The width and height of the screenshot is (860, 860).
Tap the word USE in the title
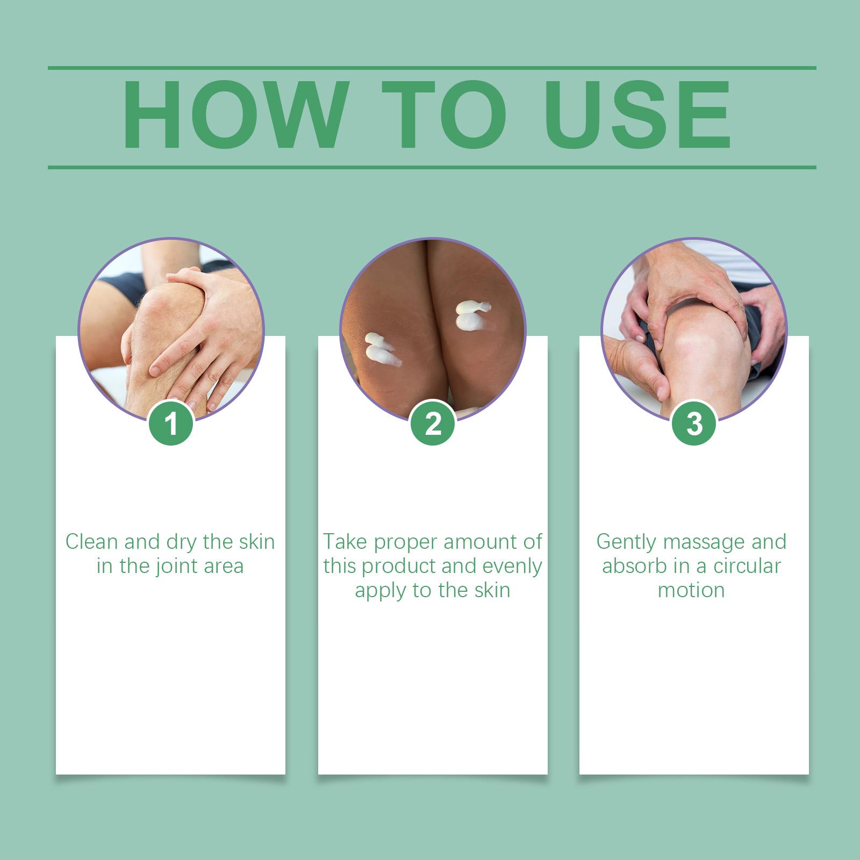640,115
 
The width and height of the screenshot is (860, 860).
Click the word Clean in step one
92,542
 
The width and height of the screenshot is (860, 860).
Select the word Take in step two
346,542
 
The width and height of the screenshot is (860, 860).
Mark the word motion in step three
691,590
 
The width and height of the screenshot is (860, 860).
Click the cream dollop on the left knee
381,349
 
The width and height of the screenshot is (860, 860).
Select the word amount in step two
475,542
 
